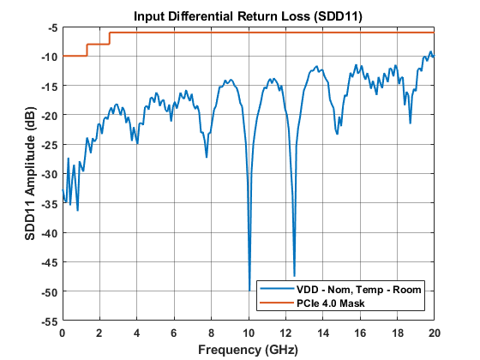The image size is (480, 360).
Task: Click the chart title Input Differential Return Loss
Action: tap(249, 16)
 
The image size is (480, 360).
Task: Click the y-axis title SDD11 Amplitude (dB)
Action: tap(31, 174)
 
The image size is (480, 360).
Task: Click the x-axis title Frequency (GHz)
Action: tap(249, 350)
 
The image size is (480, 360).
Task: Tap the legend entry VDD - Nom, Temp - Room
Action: tap(357, 289)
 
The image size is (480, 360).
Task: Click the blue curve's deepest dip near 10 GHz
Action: tap(249, 291)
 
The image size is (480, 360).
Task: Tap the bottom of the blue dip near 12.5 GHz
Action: tap(294, 275)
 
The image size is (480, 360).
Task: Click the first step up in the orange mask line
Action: tap(87, 50)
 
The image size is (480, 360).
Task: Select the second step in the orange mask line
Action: tap(109, 38)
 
